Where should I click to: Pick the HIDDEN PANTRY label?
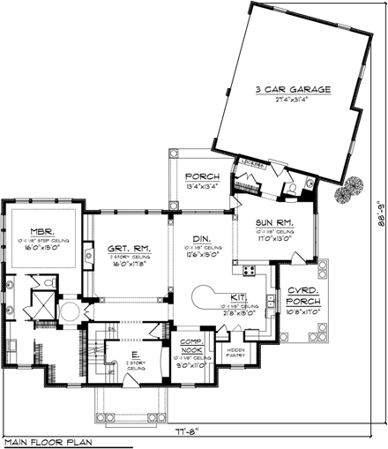tap(236, 352)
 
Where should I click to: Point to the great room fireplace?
tap(90, 257)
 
